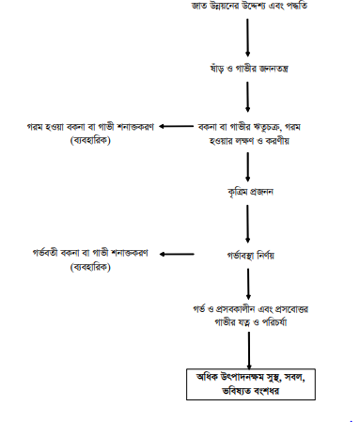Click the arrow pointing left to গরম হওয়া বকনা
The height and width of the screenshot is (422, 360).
tap(174, 126)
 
